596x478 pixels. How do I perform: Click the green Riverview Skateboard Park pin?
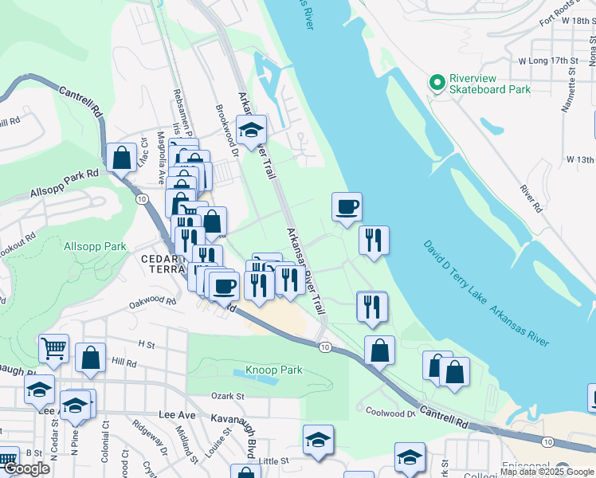coord(436,83)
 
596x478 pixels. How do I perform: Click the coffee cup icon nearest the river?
coord(347,207)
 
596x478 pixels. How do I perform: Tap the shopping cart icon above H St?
coord(53,348)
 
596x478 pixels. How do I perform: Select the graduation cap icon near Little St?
coord(318,439)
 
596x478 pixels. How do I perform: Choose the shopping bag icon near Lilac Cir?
coord(121,158)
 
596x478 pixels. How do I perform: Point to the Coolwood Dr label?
coord(390,412)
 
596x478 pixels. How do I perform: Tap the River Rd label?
coord(531,198)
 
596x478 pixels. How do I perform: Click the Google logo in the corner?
coord(27,468)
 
